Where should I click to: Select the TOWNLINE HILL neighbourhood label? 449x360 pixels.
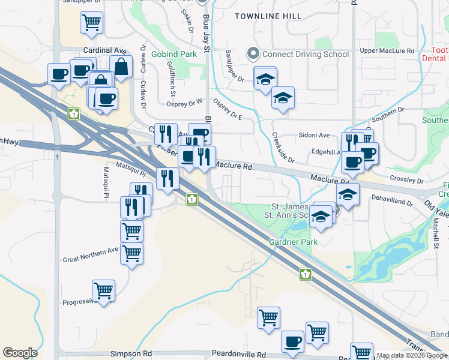[x=268, y=16]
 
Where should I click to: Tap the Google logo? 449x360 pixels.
[x=20, y=353]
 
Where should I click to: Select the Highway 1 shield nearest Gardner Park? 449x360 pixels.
[x=306, y=274]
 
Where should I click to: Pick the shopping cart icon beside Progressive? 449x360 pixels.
[x=104, y=291]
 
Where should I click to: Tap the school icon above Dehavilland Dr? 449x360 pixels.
[x=347, y=194]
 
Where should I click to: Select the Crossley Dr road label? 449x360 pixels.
[x=406, y=179]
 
